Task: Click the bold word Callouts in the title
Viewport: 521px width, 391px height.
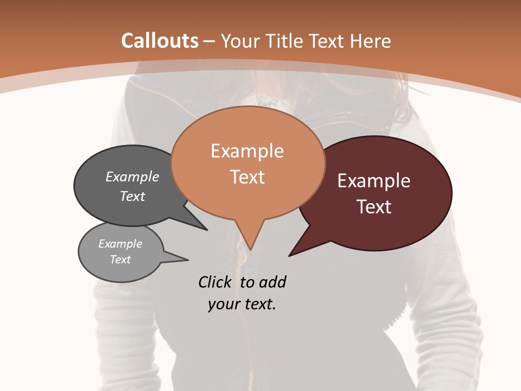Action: pos(160,41)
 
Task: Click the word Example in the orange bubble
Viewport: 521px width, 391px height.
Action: pos(247,151)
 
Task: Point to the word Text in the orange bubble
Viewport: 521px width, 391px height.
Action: pos(247,177)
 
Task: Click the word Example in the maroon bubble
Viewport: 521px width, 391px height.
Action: pos(374,181)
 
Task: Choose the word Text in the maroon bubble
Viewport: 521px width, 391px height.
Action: pos(374,207)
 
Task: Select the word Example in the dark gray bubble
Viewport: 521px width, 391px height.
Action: pos(132,176)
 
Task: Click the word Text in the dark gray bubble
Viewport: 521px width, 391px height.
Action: pos(132,196)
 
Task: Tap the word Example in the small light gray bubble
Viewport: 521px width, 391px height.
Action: pos(120,244)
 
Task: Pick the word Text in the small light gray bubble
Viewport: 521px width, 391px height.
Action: pos(120,260)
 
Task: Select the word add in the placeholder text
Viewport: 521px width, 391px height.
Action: pos(272,282)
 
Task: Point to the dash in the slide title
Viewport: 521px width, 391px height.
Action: pos(209,41)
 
